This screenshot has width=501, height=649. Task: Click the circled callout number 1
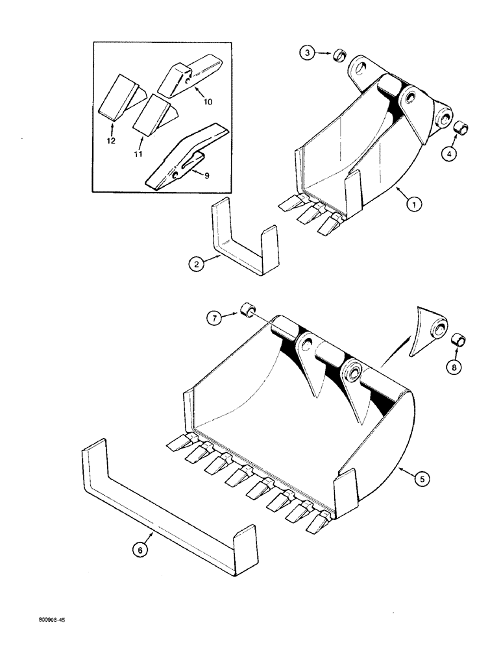(x=415, y=203)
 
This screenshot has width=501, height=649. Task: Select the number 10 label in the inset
(x=207, y=103)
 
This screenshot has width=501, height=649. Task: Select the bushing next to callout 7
(x=247, y=310)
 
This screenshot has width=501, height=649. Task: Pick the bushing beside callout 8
(x=459, y=339)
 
